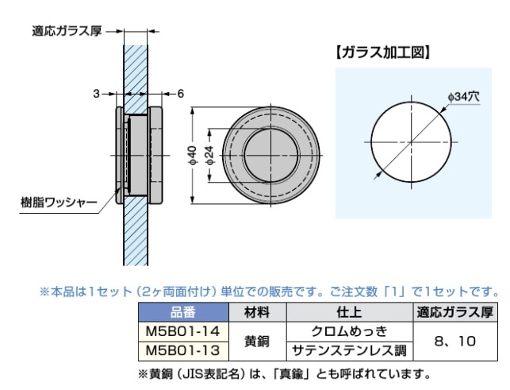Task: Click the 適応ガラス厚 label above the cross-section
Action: [67, 31]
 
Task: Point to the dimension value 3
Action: [96, 94]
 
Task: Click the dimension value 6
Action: [181, 94]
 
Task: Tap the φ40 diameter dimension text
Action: [193, 156]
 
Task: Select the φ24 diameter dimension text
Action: [210, 155]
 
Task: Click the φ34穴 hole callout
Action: [463, 96]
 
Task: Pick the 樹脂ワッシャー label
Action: [59, 203]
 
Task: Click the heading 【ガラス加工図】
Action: [383, 52]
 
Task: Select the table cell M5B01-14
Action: [183, 332]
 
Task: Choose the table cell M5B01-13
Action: [183, 351]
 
